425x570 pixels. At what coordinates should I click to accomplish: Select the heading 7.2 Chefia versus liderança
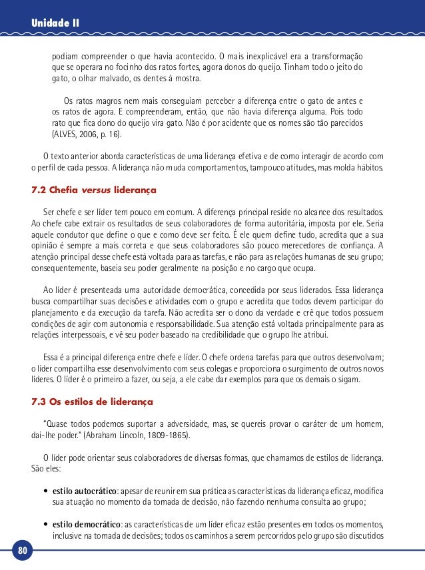coord(94,190)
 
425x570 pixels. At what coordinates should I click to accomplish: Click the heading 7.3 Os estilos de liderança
coord(93,402)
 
